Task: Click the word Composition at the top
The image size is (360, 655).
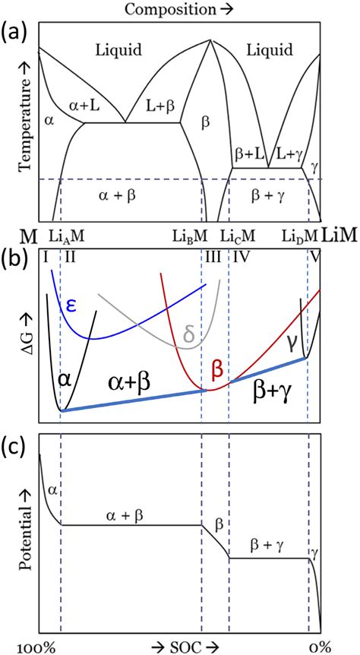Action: (171, 9)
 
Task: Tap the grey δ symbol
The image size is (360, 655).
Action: (190, 333)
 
